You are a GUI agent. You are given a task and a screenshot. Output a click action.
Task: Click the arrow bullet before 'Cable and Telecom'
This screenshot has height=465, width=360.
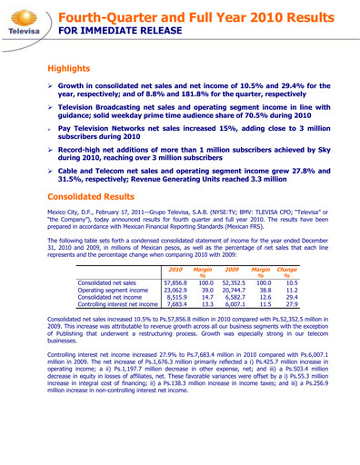52,170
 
